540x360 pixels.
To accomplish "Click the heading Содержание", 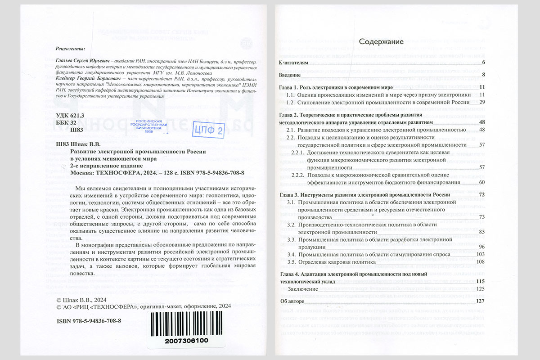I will [381, 41].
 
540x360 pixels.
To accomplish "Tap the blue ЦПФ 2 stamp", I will [208, 130].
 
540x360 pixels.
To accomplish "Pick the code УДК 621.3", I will [69, 116].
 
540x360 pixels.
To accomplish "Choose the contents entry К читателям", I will [294, 63].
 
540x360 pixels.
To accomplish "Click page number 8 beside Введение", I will [482, 75].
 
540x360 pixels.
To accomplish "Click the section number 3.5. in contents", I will [291, 262].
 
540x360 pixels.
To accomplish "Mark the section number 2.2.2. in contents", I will [299, 175].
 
